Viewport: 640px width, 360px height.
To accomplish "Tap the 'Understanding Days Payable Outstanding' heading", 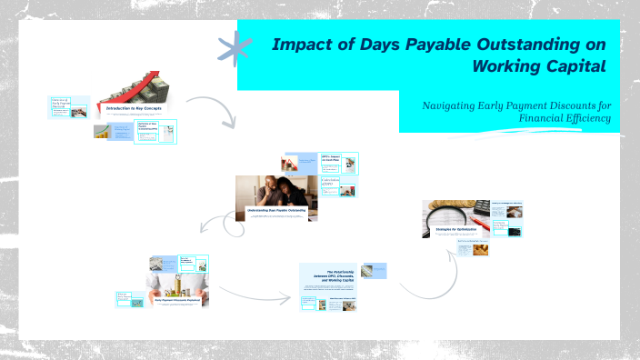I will click(277, 211).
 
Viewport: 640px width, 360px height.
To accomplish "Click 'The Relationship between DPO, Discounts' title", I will click(329, 275).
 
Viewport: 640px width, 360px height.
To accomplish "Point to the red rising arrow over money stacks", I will click(132, 87).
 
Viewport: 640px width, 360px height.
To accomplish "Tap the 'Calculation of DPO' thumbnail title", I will click(329, 182).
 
